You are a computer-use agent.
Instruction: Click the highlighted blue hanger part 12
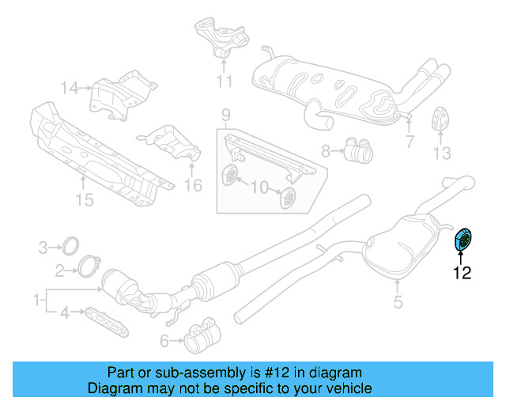point(463,240)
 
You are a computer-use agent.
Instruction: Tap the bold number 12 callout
point(462,273)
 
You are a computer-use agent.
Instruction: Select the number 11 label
point(224,81)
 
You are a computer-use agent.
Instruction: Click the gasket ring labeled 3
point(70,246)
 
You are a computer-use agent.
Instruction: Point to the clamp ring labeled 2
point(89,266)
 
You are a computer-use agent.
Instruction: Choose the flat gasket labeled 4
point(107,322)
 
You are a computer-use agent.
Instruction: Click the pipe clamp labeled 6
point(202,335)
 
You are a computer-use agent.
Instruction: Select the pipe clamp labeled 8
point(358,150)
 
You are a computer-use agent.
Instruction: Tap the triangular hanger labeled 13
point(440,118)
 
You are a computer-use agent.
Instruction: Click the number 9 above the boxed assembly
point(226,115)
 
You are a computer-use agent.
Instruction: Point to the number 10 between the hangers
point(260,187)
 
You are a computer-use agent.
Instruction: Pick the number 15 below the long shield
point(85,199)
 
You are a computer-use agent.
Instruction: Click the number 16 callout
point(193,185)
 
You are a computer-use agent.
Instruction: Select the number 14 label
point(70,88)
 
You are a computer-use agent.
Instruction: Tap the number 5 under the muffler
point(398,301)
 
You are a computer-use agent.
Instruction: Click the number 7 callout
point(410,142)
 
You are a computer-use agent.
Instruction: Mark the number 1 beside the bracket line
point(37,300)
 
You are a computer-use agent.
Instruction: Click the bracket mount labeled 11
point(222,37)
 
